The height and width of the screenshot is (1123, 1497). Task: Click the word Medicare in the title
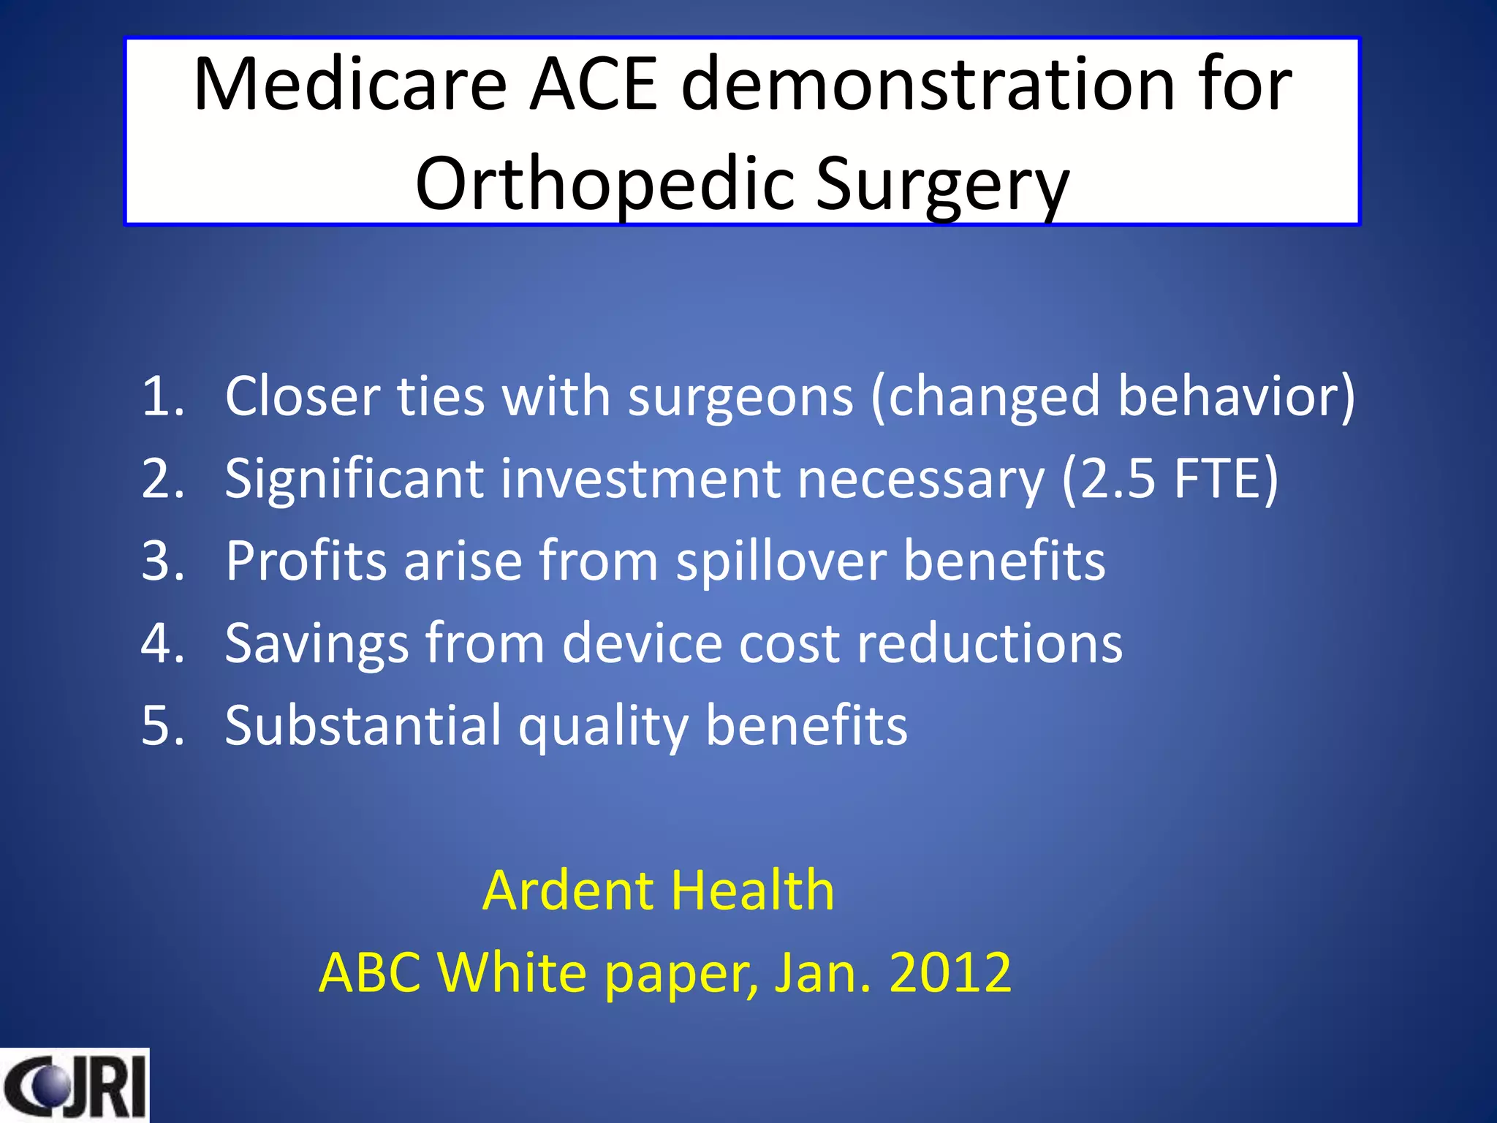click(x=349, y=85)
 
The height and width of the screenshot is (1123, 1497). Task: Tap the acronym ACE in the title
click(x=594, y=85)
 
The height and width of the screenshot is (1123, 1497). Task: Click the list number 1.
click(x=162, y=396)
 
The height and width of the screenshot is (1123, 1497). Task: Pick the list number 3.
click(x=162, y=561)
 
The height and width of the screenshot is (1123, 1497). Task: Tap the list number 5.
click(x=162, y=726)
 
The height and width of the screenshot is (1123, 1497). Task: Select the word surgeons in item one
click(x=740, y=396)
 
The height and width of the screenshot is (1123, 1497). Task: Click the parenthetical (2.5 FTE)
click(x=1170, y=479)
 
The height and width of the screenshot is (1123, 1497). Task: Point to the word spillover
click(x=781, y=561)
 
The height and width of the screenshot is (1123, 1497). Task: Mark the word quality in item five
click(x=603, y=726)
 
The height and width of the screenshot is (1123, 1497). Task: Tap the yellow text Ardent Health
click(x=658, y=891)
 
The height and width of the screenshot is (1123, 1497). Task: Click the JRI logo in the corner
click(x=74, y=1086)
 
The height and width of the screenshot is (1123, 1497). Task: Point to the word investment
click(x=640, y=479)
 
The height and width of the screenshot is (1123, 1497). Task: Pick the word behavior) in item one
click(x=1235, y=396)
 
